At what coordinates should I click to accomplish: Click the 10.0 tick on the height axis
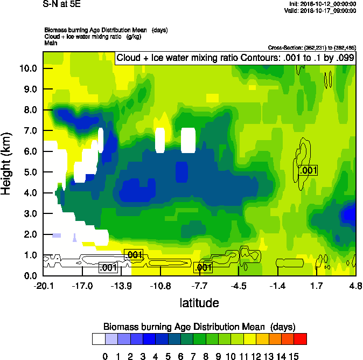tap(29, 68)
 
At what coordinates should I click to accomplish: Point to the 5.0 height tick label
tap(29, 172)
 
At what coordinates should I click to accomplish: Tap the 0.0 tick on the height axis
tap(29, 276)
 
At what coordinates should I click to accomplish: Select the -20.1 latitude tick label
tap(43, 285)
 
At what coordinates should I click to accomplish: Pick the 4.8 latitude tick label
tap(355, 285)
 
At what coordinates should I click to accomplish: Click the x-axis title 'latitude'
tap(199, 303)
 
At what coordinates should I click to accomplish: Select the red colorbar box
tap(301, 338)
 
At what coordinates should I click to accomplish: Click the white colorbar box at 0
tap(99, 338)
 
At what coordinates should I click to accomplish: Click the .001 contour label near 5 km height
tap(308, 170)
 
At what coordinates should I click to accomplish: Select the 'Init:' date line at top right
tap(322, 3)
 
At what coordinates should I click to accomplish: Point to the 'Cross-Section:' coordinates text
tap(311, 47)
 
